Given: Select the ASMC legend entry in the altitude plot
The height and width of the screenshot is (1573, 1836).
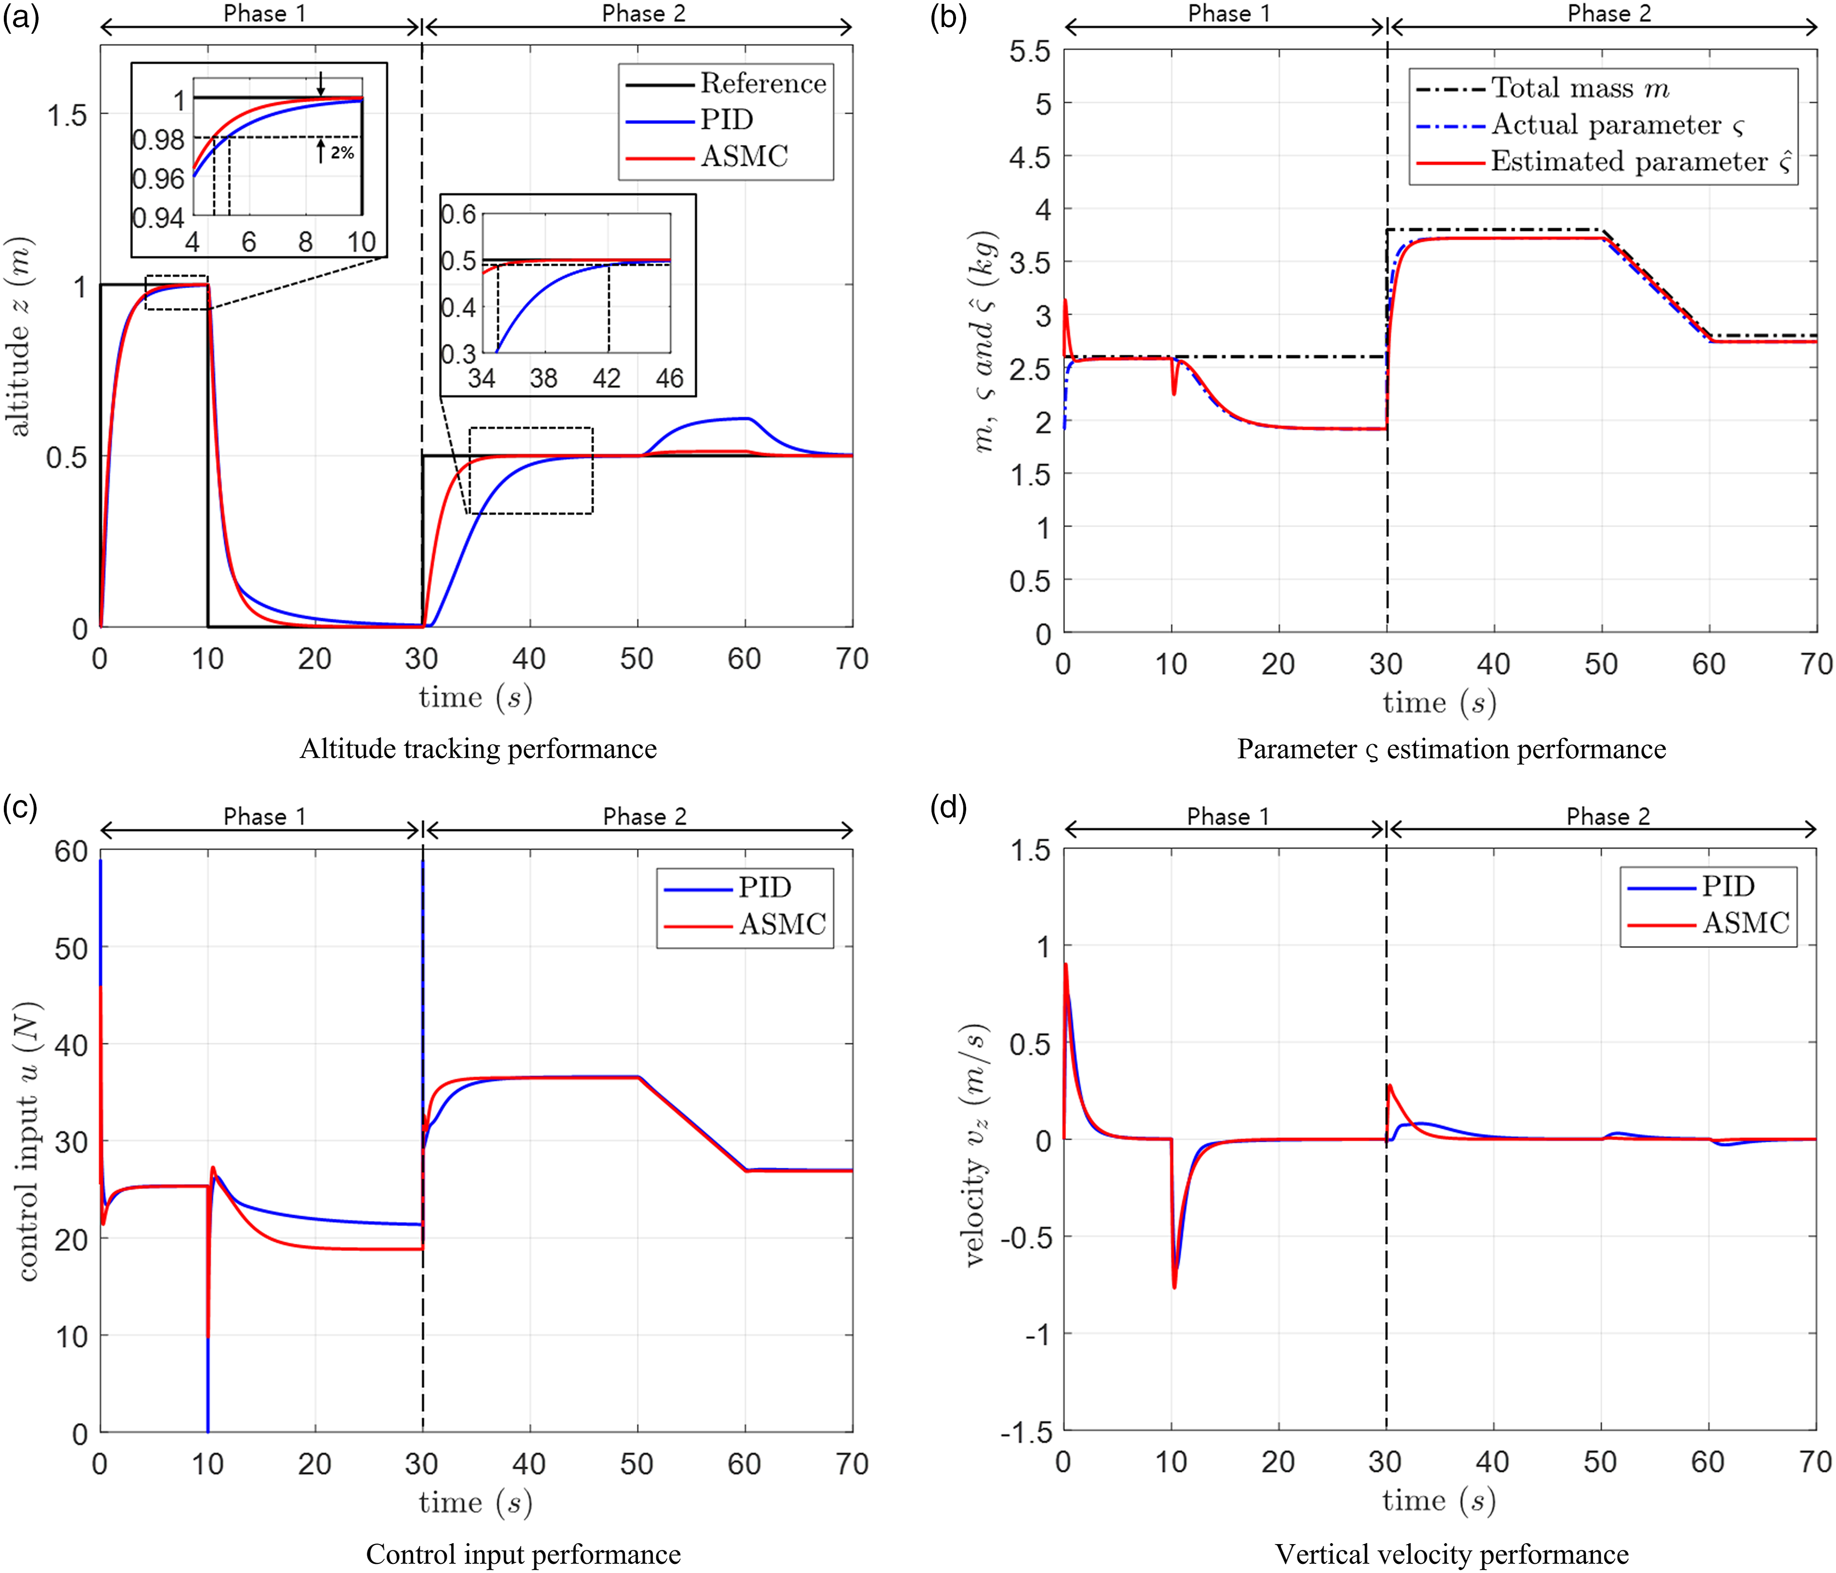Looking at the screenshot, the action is tap(707, 157).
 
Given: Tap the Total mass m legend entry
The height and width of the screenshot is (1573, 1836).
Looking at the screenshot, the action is tap(1543, 88).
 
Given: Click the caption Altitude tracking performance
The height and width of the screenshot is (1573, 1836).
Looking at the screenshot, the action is tap(479, 749).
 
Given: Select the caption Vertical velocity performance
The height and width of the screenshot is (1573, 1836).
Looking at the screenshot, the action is tap(1451, 1554).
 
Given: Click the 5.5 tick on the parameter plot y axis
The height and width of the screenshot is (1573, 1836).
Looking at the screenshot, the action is tap(1030, 52).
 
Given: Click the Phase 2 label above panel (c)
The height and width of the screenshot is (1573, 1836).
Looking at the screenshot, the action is tap(645, 816).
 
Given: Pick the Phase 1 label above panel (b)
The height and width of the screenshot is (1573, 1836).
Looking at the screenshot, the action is tap(1229, 13).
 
